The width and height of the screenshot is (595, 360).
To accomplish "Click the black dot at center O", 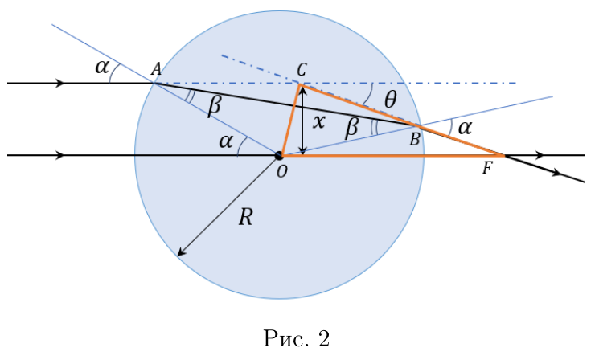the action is tap(279, 155).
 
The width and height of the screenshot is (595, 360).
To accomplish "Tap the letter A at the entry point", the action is tap(156, 69).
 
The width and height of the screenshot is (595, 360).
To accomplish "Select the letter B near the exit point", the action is tap(415, 140).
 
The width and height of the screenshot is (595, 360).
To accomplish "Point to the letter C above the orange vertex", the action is tap(302, 70).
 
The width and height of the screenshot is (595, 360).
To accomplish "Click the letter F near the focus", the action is tap(487, 169).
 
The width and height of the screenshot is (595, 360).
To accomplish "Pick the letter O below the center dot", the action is tap(282, 172).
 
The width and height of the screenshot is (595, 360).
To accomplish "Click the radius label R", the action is tap(245, 217).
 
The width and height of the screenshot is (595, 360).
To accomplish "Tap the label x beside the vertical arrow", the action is tap(319, 122).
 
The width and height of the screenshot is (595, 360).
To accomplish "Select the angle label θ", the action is tap(391, 100).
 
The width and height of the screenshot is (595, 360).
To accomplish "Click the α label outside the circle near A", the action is tap(102, 67).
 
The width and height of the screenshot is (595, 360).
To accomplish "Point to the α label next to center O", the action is tap(226, 141).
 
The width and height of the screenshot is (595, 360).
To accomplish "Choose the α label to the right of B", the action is tap(465, 128).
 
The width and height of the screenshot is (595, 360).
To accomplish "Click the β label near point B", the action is tap(351, 128).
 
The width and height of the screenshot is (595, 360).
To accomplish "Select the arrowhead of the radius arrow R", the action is tap(182, 252).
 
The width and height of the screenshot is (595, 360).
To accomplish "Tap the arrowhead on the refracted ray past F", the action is tap(556, 173).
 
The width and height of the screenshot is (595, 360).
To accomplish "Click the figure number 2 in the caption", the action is tap(324, 339).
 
